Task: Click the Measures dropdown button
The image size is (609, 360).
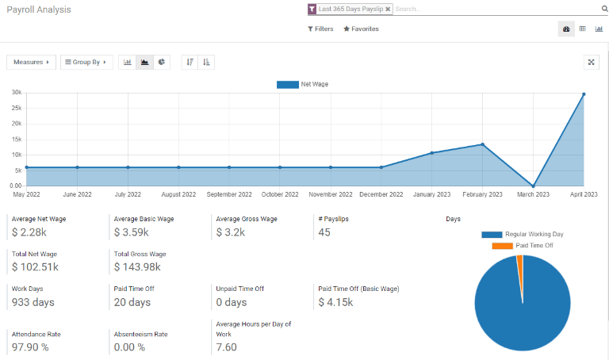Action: point(31,62)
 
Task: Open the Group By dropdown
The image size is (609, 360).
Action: point(86,62)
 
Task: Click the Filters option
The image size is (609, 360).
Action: point(320,29)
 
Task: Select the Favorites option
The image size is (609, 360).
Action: point(361,29)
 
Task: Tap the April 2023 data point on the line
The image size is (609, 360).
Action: point(584,94)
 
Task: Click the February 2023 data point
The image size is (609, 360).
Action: point(482,144)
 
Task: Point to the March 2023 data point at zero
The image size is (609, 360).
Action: point(533,186)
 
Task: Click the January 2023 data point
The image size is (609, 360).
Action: point(431,153)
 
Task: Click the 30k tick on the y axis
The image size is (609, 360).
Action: point(16,93)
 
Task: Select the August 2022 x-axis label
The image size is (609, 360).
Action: point(178,194)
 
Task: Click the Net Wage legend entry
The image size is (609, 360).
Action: point(302,84)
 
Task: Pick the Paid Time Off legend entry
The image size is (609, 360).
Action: point(523,246)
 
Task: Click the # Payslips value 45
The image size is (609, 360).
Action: point(324,232)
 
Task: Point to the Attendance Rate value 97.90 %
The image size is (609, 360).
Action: point(30,347)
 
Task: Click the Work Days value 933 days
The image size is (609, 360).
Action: point(33,302)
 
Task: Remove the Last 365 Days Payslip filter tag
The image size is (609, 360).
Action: point(388,10)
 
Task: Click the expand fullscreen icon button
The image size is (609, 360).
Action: point(591,62)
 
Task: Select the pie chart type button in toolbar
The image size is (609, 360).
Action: point(162,62)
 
